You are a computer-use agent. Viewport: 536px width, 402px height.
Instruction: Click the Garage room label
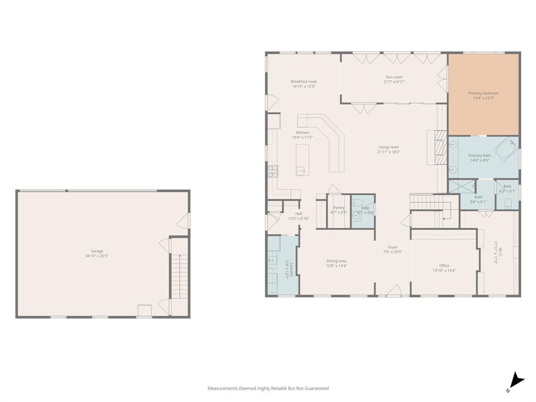97,251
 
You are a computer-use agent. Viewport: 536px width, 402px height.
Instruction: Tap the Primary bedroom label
483,93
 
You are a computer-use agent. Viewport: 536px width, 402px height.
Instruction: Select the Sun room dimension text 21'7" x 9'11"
394,82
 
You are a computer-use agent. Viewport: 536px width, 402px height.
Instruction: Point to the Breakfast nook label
304,82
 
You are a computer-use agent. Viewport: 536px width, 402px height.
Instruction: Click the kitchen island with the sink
302,160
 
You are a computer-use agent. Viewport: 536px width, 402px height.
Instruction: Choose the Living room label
388,147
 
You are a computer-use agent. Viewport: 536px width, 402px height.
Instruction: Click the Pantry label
338,208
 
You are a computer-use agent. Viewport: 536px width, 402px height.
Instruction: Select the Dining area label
336,261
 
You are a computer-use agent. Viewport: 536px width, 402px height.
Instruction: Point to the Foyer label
393,247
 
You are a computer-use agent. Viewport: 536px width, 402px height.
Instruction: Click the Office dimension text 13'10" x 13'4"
444,271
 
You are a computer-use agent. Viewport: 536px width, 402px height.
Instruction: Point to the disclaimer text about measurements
268,388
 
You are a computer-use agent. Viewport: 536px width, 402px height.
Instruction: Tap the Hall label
298,214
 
